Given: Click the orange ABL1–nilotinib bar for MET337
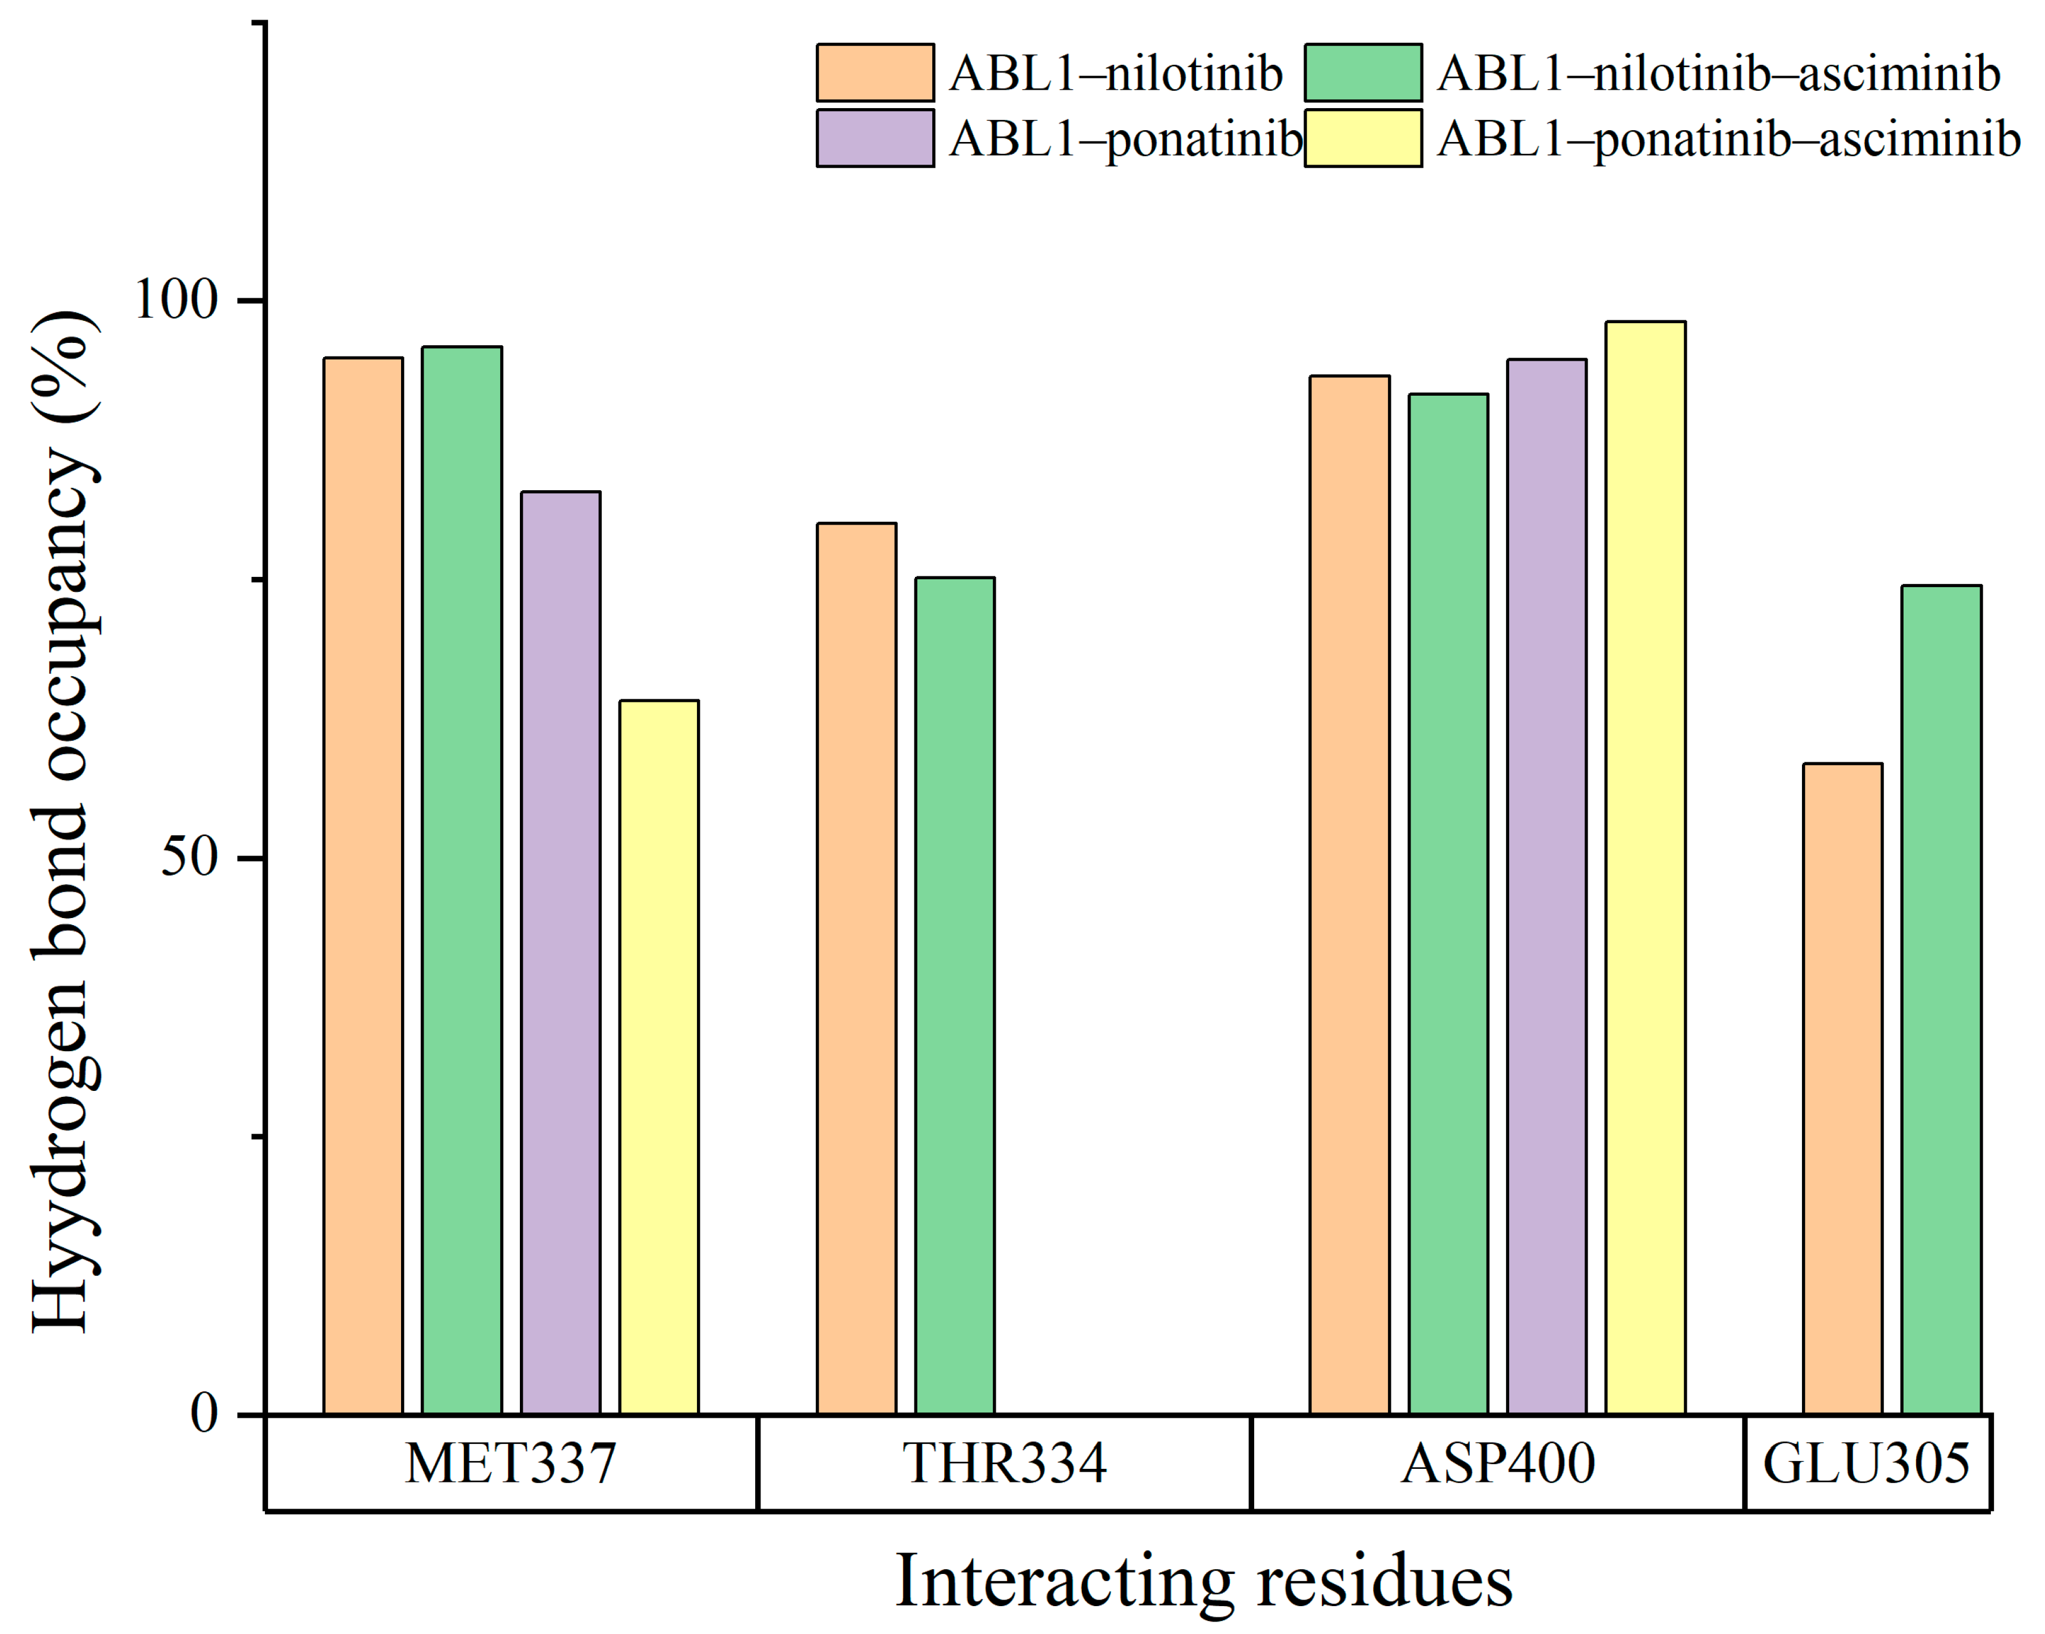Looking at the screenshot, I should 363,886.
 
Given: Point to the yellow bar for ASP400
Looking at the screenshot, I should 1646,868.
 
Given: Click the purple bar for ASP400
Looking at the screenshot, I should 1547,887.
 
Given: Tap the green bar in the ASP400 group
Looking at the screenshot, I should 1448,904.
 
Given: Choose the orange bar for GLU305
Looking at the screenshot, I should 1843,1088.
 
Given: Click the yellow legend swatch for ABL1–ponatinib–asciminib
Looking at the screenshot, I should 1363,138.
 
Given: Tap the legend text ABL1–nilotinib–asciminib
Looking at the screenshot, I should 1719,73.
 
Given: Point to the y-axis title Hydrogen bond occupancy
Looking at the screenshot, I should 65,821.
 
